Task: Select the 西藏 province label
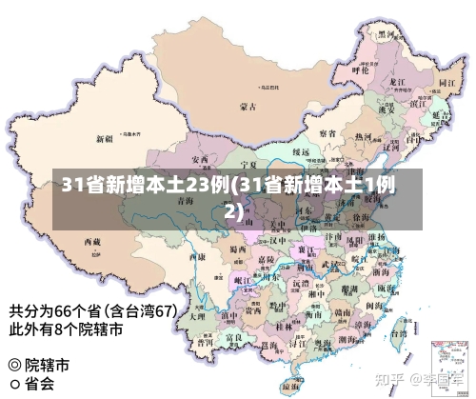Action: click(x=92, y=242)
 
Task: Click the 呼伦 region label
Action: click(x=360, y=69)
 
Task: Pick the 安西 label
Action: click(x=200, y=159)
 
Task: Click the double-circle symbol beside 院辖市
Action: click(x=14, y=365)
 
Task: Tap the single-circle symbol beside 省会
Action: click(x=14, y=385)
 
